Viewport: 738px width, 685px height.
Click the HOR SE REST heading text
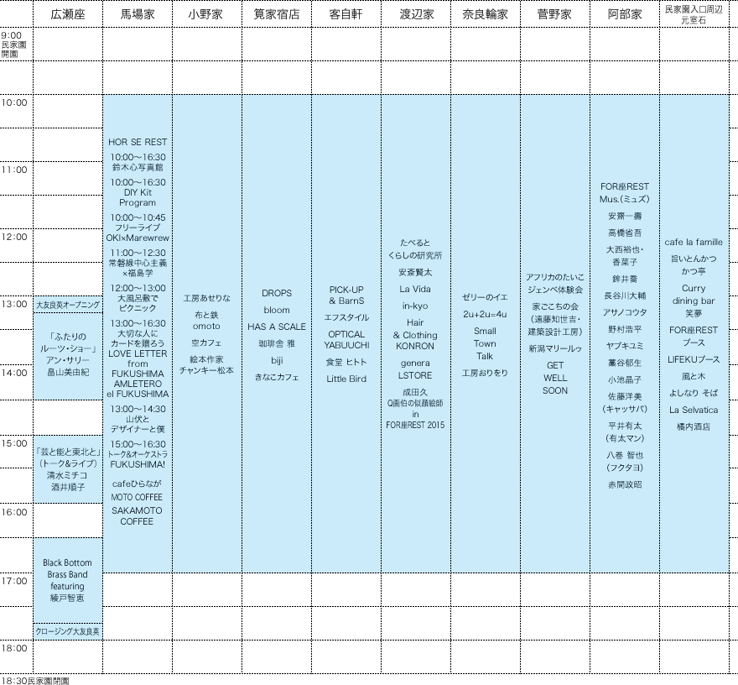(138, 142)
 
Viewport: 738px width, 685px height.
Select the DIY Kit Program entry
(138, 192)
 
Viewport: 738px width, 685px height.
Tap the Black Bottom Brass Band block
(67, 580)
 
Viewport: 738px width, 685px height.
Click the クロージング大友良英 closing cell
(67, 630)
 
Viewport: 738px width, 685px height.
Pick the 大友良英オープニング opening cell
(67, 305)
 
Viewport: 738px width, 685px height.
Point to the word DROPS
(277, 293)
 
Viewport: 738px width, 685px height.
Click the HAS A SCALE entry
(277, 327)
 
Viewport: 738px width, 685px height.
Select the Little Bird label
(346, 379)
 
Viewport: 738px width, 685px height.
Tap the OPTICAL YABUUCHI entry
(346, 339)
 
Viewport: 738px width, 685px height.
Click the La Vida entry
(415, 289)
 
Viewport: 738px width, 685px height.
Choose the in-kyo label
(415, 306)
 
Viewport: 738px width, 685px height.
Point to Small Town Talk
(485, 343)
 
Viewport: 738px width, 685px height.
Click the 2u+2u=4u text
(485, 314)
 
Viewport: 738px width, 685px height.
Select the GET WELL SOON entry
(554, 378)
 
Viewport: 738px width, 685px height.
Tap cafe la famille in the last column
(694, 242)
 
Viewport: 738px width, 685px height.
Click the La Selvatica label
(694, 410)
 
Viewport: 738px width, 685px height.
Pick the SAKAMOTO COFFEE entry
(137, 515)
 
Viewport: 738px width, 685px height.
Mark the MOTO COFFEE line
(137, 498)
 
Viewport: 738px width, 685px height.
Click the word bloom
(277, 310)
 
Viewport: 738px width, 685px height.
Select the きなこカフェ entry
(277, 378)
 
